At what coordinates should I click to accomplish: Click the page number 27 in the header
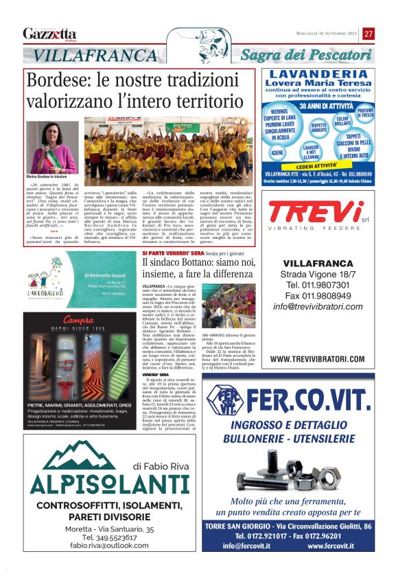(368, 34)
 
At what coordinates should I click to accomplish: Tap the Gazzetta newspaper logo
(49, 34)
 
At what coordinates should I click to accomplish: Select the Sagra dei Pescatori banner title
(305, 54)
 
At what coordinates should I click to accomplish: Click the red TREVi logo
(317, 211)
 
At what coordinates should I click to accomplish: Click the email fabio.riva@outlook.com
(99, 545)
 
